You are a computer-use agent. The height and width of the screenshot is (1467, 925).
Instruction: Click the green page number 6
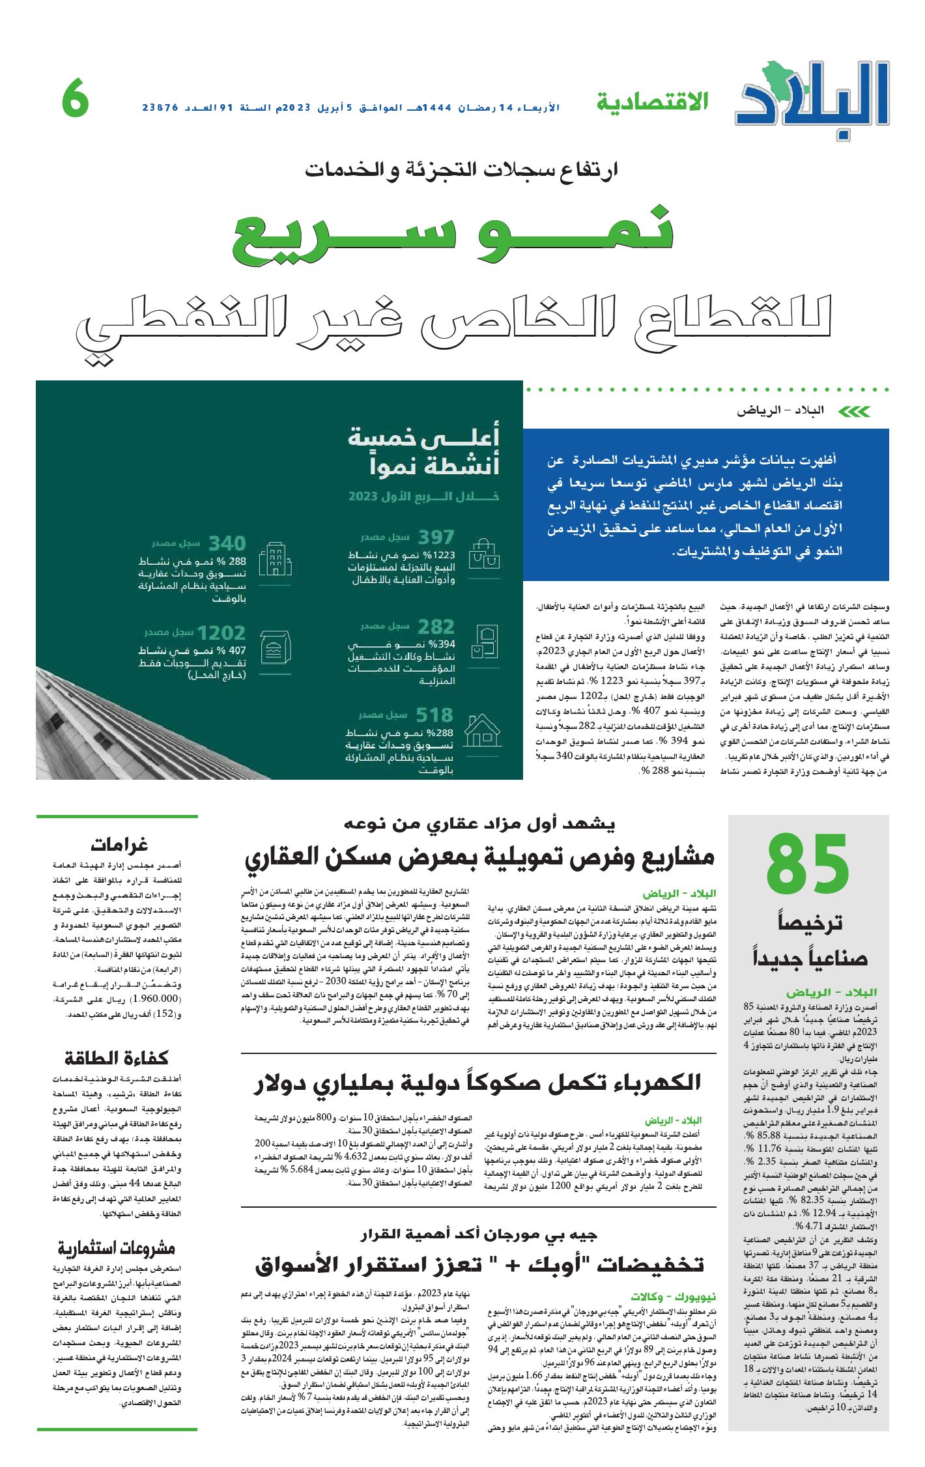(76, 98)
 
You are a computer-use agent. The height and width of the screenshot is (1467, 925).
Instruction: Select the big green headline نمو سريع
(453, 236)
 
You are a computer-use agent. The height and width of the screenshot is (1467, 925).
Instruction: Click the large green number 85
(808, 865)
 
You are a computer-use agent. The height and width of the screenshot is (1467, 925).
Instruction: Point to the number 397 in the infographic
(436, 537)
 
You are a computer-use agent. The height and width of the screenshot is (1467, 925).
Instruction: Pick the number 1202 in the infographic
(221, 633)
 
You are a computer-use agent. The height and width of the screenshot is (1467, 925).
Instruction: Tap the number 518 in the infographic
(434, 715)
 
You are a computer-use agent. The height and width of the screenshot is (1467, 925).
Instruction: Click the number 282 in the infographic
(436, 627)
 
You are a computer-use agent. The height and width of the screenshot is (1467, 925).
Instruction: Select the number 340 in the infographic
(227, 543)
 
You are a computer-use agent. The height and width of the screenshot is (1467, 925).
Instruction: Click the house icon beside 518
(483, 730)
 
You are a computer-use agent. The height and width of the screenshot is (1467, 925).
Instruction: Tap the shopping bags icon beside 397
(484, 554)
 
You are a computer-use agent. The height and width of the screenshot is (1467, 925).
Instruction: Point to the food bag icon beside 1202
(275, 648)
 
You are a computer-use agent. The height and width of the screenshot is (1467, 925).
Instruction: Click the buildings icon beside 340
(275, 559)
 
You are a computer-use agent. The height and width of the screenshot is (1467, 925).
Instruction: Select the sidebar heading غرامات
(119, 845)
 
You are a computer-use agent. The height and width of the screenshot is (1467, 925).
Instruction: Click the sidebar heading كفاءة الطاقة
(117, 1058)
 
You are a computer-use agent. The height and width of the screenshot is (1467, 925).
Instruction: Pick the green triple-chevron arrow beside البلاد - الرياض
(853, 412)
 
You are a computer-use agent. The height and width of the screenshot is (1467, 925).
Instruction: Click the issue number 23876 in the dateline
(160, 107)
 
